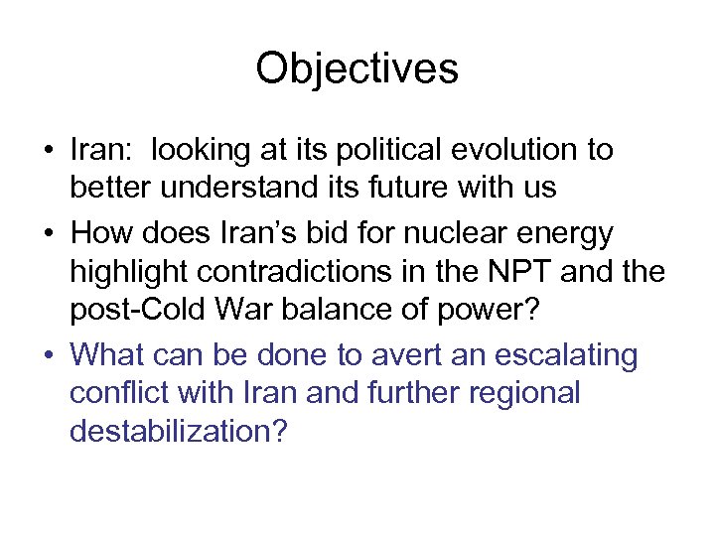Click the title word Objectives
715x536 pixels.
[357, 69]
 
